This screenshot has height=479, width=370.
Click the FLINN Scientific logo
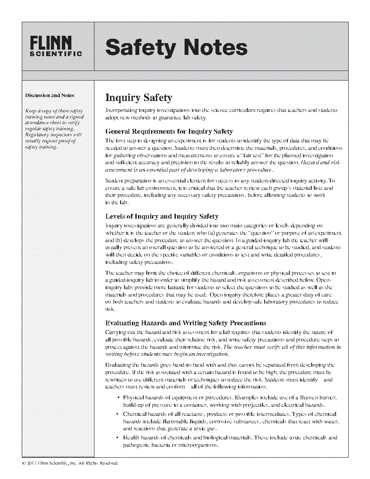click(56, 46)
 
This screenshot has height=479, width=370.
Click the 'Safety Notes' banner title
click(176, 47)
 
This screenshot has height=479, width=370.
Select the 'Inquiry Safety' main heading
click(139, 98)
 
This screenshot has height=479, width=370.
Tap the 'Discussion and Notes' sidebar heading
click(50, 95)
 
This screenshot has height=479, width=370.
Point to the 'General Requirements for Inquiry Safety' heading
click(169, 132)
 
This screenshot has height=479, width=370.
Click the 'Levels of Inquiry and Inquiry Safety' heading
click(162, 216)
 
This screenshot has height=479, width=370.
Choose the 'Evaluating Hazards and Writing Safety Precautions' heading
click(186, 323)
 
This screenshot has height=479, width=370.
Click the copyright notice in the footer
click(70, 463)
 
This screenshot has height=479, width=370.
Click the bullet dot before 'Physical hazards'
click(119, 398)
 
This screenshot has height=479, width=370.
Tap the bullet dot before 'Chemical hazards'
click(119, 414)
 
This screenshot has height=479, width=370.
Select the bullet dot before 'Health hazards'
click(119, 438)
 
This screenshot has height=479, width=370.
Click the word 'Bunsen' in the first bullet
click(315, 398)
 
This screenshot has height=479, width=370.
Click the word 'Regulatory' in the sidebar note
click(37, 135)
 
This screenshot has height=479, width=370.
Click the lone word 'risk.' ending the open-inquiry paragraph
click(109, 309)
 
